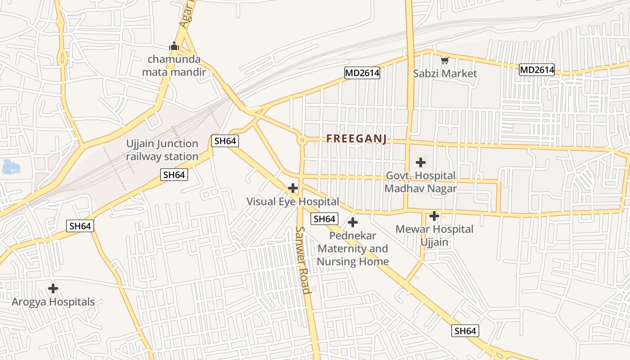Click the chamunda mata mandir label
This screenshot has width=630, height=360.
[x=174, y=66]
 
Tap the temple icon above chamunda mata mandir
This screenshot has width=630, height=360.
[x=174, y=46]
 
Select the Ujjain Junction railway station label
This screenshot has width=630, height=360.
[x=162, y=150]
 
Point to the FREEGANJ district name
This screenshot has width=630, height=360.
[x=356, y=139]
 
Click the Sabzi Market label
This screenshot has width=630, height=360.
[x=445, y=73]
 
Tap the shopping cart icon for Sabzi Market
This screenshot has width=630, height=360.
[x=445, y=60]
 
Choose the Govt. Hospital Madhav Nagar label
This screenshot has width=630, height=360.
[x=420, y=182]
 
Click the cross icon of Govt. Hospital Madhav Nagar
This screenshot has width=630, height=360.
[x=421, y=162]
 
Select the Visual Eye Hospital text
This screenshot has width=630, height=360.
[x=292, y=202]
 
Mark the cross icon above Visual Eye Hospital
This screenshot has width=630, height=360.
[x=293, y=188]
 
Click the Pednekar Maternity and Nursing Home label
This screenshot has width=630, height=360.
[x=353, y=248]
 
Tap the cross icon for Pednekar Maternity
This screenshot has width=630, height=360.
[x=353, y=222]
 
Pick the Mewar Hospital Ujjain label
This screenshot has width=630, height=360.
[x=434, y=235]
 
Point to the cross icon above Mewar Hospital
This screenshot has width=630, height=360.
[x=434, y=216]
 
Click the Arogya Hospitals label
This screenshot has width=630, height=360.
[x=53, y=302]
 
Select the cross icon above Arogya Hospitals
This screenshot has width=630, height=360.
[x=53, y=288]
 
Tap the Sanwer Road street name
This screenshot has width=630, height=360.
[x=303, y=260]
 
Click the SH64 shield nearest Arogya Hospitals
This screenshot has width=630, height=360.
[x=81, y=226]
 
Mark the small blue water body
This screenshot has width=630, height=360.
[x=11, y=167]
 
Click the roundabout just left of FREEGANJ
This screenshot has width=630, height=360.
[x=302, y=140]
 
